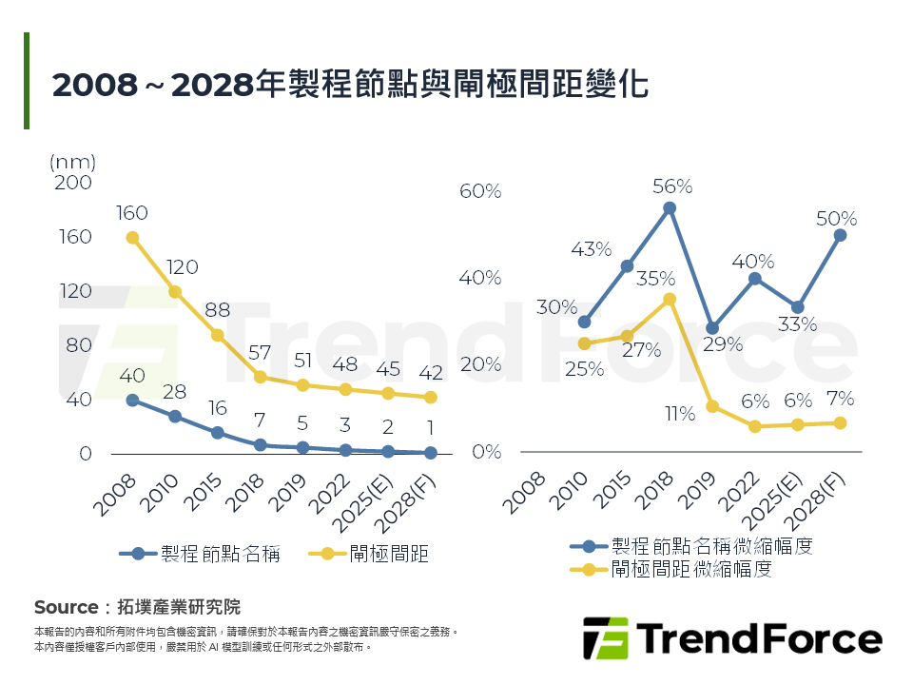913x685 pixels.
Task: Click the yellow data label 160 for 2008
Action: [x=132, y=213]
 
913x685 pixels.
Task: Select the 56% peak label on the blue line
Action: [x=671, y=186]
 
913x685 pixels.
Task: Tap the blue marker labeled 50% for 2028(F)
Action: [x=840, y=235]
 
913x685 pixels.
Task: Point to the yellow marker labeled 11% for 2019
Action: [x=712, y=406]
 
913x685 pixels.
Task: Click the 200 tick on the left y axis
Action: [x=73, y=183]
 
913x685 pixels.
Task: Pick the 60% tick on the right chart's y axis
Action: [x=480, y=191]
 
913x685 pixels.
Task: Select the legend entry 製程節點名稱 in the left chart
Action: [x=220, y=554]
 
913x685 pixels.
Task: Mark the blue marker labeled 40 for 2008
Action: [x=133, y=401]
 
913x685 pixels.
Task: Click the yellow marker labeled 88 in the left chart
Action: [x=217, y=335]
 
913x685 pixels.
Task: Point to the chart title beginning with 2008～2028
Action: [x=350, y=85]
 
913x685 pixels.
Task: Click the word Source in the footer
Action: [x=66, y=607]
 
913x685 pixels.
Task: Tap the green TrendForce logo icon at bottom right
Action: [x=605, y=638]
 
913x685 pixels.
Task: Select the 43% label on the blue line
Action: [x=591, y=249]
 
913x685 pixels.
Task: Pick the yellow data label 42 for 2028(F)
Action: [x=430, y=372]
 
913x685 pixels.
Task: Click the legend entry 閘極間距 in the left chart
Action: [x=389, y=554]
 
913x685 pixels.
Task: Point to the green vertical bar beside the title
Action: [x=27, y=81]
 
